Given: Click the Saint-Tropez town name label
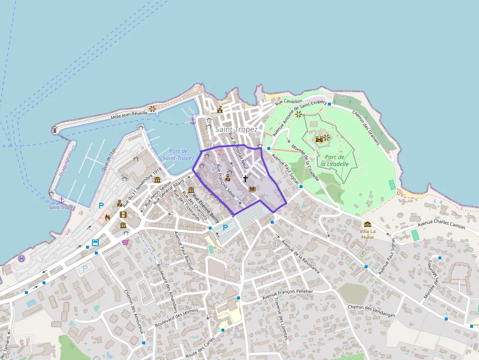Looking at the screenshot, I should tap(236, 129).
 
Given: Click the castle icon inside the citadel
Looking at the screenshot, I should tap(319, 139).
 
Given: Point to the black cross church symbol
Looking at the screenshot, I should tap(245, 179).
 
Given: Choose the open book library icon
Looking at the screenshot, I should tap(253, 189).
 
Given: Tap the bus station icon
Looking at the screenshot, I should tap(95, 243).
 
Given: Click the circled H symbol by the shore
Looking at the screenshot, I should tap(22, 258).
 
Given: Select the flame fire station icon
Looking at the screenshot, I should tap(107, 217).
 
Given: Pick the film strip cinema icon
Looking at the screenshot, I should tap(123, 214).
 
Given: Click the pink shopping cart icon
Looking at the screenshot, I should tap(126, 242).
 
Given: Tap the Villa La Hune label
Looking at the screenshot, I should tap(367, 234).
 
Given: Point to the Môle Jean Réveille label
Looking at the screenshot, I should tap(129, 114).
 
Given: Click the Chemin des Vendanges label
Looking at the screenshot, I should tap(370, 311).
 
